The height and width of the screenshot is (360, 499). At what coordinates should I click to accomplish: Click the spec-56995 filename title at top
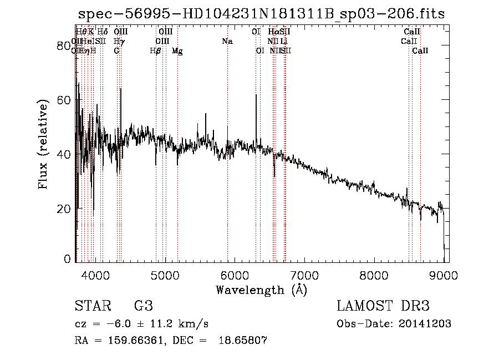(x=261, y=14)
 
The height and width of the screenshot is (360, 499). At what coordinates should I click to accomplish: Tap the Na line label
(x=227, y=41)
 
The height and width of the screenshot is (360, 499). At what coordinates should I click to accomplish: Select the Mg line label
(x=177, y=50)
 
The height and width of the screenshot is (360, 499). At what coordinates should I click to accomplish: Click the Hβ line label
(x=156, y=50)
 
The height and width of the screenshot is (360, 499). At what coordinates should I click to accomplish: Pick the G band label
(x=116, y=50)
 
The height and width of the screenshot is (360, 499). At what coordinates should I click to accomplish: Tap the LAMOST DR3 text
(x=383, y=306)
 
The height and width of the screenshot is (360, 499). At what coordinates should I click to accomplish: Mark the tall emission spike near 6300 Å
(x=256, y=95)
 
